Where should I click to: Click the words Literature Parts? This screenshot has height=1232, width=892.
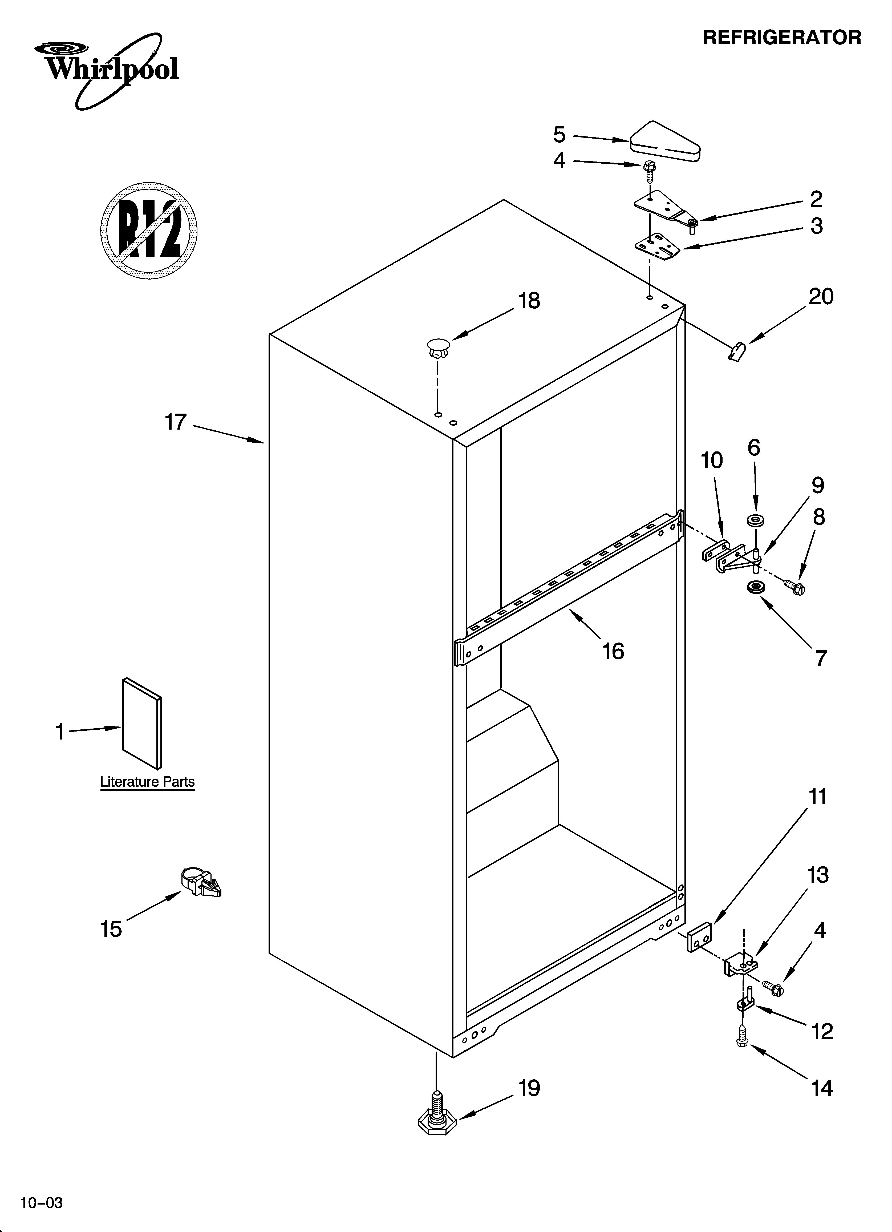147,782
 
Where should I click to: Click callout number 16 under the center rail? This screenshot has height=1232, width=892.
613,651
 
